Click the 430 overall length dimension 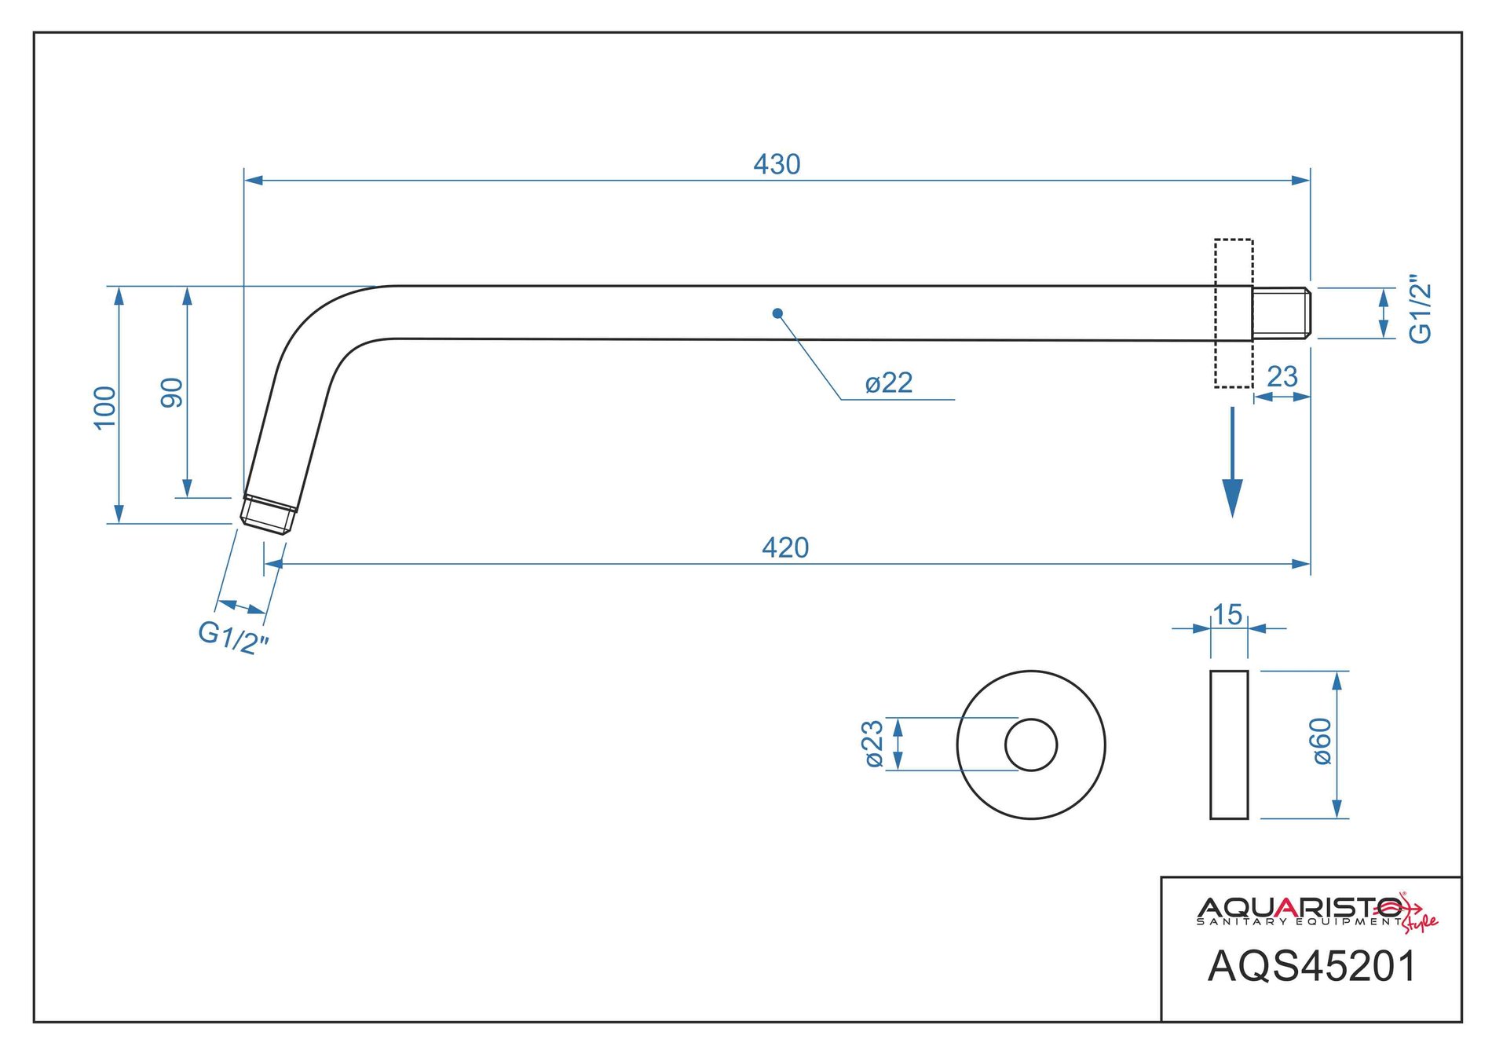[x=777, y=164]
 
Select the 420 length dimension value [x=785, y=547]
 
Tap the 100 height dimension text [x=104, y=408]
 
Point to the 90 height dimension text [x=172, y=393]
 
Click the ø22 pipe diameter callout [x=889, y=383]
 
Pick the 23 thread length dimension [x=1282, y=377]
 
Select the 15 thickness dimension [x=1227, y=614]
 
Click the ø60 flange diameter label [x=1322, y=741]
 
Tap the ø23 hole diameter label [x=873, y=744]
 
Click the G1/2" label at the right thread [x=1421, y=309]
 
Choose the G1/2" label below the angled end [x=232, y=637]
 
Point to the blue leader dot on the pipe [x=777, y=313]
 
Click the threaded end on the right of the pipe [x=1281, y=313]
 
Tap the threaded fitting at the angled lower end [x=269, y=514]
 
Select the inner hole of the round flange [x=1031, y=745]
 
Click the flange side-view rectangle [x=1229, y=745]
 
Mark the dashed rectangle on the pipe [x=1234, y=313]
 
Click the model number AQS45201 [x=1311, y=967]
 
